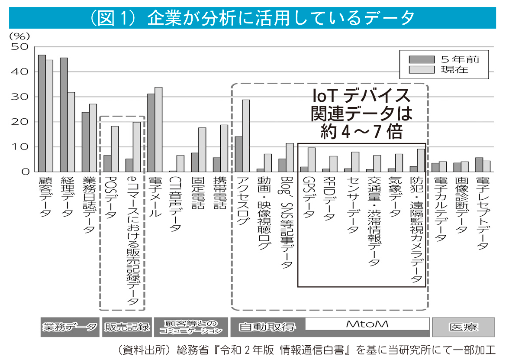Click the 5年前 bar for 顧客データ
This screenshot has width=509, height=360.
pyautogui.click(x=42, y=114)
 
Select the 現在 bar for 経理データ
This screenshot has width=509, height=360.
pyautogui.click(x=71, y=132)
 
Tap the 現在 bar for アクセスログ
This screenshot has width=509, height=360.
pyautogui.click(x=246, y=136)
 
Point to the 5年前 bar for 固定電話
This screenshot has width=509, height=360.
pyautogui.click(x=195, y=162)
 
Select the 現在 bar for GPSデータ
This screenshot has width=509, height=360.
pyautogui.click(x=312, y=160)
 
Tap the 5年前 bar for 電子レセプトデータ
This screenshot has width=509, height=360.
pyautogui.click(x=479, y=165)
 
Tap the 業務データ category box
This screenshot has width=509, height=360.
pyautogui.click(x=69, y=327)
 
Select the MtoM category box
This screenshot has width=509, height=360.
pyautogui.click(x=367, y=324)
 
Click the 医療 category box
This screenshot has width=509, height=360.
pyautogui.click(x=463, y=327)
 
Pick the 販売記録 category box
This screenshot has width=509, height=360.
pyautogui.click(x=127, y=327)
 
